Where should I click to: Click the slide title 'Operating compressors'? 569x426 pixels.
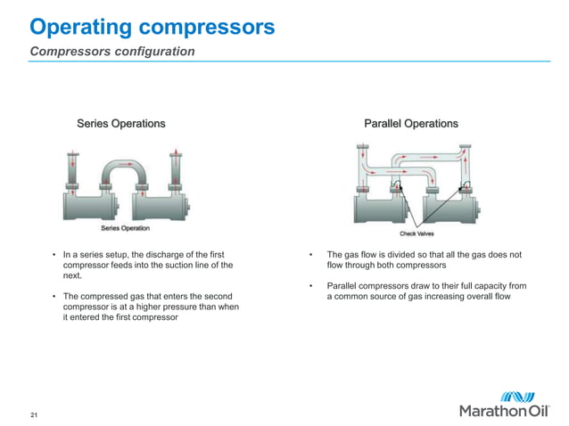click(152, 27)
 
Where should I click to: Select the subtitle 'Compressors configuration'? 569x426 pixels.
click(112, 52)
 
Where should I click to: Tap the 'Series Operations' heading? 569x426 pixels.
click(120, 124)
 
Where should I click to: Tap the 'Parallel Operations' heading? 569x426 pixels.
click(411, 124)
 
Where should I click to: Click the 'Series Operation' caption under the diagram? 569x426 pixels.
click(125, 228)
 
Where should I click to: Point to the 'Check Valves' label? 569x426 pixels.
click(416, 233)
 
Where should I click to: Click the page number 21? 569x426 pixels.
click(34, 416)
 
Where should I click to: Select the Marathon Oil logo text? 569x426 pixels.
click(506, 411)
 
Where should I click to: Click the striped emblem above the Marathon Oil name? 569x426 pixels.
click(516, 394)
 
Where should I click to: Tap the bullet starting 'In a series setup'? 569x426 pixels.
click(147, 266)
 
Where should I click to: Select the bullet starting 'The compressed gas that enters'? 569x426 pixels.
click(147, 307)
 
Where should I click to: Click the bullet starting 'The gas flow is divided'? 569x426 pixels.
click(425, 260)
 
